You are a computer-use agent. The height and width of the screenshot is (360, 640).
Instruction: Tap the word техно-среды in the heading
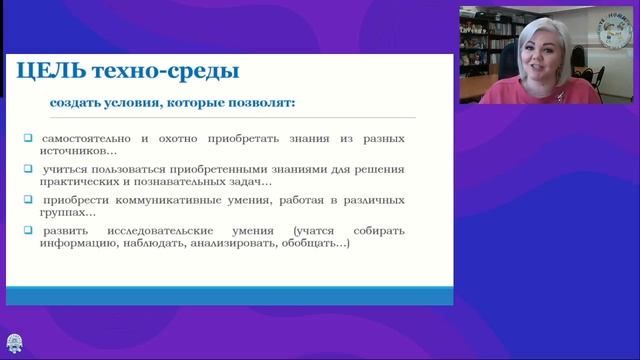pos(163,72)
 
